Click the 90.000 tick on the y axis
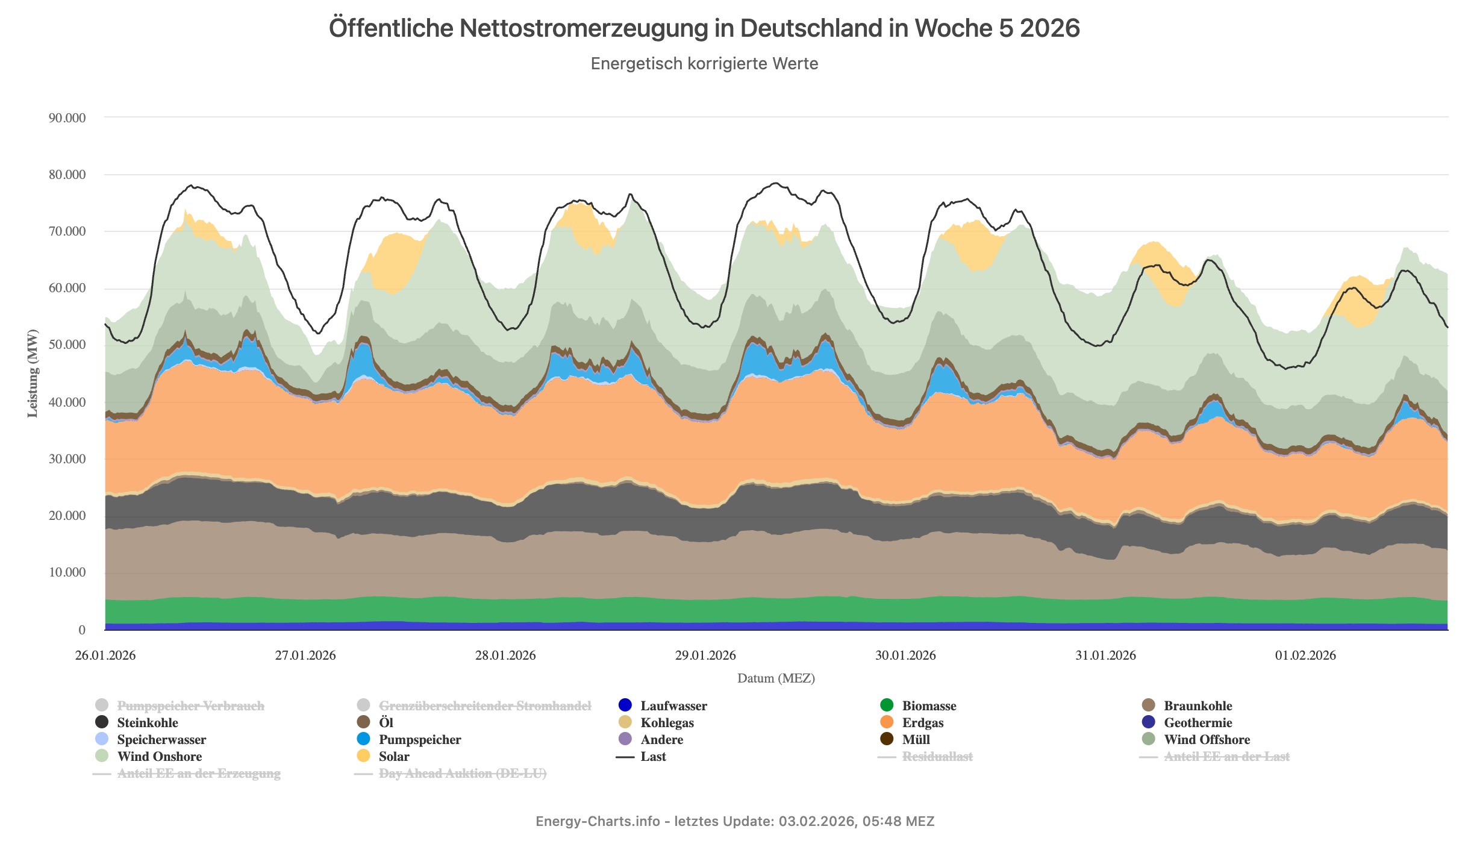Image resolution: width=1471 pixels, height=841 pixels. [x=67, y=118]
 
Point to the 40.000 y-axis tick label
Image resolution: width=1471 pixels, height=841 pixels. [x=67, y=402]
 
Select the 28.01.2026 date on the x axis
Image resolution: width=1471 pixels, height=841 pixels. [x=505, y=655]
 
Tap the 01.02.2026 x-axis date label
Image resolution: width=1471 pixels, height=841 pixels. [x=1305, y=655]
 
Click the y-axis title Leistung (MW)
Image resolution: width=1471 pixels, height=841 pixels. [x=33, y=374]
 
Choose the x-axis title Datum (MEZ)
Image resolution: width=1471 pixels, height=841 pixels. [x=776, y=678]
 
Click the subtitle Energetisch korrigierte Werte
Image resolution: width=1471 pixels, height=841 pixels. [x=704, y=64]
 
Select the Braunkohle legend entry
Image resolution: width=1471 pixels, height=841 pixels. [x=1198, y=706]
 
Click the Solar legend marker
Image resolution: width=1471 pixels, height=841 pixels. [x=363, y=756]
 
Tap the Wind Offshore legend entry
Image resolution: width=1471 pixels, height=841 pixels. [x=1207, y=740]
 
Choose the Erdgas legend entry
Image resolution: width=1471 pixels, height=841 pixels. [x=922, y=723]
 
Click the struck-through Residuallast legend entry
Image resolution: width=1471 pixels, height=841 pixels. [x=937, y=757]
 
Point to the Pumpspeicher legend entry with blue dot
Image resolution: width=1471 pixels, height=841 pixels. [x=419, y=740]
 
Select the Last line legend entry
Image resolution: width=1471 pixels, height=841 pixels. [x=653, y=757]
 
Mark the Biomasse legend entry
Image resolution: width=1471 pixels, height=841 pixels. [x=929, y=706]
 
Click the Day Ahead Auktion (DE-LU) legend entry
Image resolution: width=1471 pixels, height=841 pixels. [x=462, y=774]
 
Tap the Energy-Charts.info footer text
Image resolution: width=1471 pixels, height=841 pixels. [x=597, y=822]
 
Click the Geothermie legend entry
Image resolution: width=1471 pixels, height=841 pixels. [x=1198, y=723]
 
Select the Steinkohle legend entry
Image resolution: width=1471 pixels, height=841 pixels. [x=147, y=723]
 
